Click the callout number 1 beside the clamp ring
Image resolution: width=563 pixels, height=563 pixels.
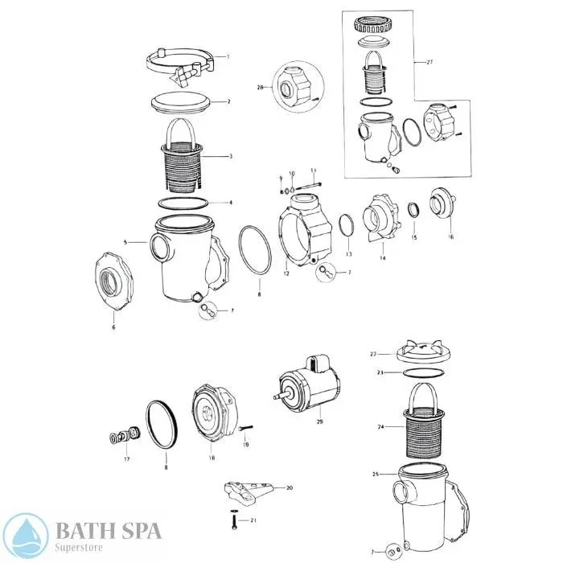(x=228, y=57)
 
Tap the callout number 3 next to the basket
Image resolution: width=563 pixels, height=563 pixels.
(x=231, y=156)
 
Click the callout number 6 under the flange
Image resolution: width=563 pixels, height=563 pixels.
(x=113, y=327)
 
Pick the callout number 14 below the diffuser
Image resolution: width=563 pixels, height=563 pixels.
(x=383, y=258)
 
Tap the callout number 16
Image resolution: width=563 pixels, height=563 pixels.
(x=450, y=237)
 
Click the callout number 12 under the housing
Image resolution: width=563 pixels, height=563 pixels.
(x=286, y=274)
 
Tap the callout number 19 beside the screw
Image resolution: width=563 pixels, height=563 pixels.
(x=246, y=444)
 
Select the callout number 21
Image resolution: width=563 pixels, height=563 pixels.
(x=254, y=520)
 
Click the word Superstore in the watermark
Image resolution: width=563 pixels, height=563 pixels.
(x=79, y=546)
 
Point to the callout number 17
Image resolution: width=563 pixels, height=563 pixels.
(x=126, y=459)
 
